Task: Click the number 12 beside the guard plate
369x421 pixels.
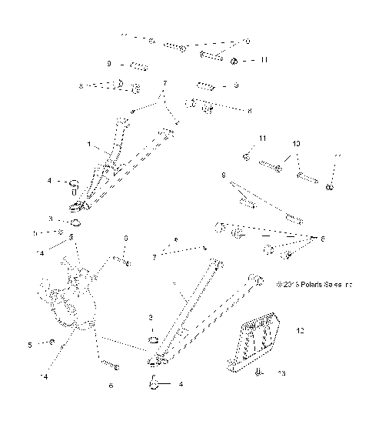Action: (300, 331)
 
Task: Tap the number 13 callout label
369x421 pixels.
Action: (281, 373)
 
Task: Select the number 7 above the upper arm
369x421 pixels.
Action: (163, 82)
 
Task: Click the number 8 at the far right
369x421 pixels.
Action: (322, 239)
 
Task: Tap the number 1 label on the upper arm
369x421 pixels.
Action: (89, 144)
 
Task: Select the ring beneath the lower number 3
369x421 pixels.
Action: (153, 340)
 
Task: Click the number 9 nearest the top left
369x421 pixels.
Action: (109, 64)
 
